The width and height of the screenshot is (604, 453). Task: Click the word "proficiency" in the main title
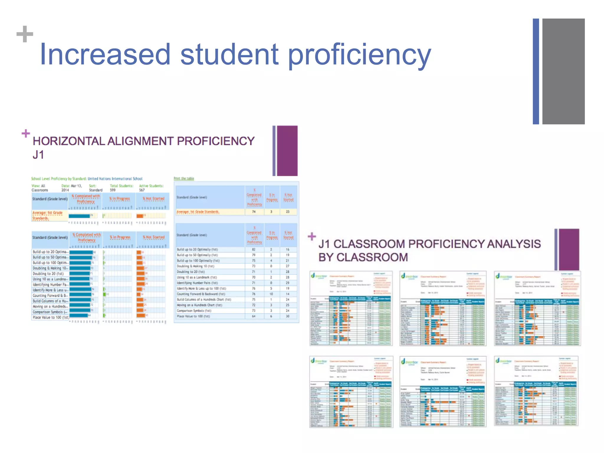359,55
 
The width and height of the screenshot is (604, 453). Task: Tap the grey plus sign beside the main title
25,34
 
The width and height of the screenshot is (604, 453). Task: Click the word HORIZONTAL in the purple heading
69,141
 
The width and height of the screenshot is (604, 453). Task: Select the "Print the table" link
184,178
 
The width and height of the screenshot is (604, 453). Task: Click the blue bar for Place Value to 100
79,315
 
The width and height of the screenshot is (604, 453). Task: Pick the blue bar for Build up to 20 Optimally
81,252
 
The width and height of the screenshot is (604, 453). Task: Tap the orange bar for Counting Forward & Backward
138,294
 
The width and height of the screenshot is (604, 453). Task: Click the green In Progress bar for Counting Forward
104,294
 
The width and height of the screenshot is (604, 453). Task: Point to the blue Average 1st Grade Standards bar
79,216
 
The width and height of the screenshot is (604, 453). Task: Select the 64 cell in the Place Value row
253,316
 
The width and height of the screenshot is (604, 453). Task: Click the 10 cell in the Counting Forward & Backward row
271,294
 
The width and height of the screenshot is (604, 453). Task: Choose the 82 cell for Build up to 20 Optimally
253,250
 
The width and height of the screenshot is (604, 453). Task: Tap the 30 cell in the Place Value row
288,316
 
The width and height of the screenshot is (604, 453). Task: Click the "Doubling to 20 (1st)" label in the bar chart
48,274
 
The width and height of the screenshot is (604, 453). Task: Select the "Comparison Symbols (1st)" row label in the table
194,311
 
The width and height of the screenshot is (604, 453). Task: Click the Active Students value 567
142,190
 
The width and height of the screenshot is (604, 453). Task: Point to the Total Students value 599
113,190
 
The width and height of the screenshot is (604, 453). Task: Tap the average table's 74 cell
253,212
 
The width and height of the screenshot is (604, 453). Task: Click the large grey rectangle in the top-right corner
563,71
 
